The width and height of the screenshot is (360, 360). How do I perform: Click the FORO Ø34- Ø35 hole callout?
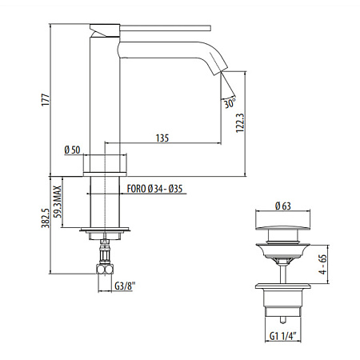coord(156,190)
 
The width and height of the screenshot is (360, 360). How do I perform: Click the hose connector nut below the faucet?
coord(103,261)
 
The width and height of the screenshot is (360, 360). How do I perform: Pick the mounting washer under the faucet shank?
coord(104,234)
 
